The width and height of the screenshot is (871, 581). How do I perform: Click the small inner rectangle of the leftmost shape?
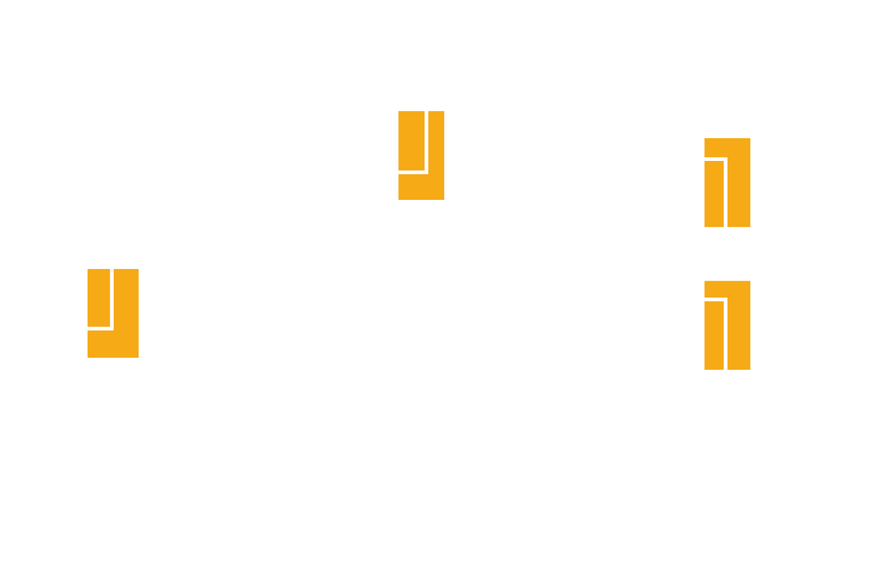98,297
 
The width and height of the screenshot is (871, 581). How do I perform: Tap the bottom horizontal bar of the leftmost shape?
113,344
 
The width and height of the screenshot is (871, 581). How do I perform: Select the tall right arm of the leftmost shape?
127,302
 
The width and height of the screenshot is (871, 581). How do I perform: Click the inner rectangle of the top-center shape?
411,140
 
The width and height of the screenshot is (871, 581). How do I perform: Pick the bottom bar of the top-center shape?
421,187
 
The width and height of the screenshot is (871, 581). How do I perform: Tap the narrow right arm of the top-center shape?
436,145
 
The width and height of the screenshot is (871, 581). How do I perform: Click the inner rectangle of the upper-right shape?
714,194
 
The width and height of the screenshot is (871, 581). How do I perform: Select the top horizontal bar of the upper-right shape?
727,147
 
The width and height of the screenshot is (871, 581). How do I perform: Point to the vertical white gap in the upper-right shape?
726,194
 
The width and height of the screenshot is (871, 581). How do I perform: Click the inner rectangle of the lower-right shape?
714,336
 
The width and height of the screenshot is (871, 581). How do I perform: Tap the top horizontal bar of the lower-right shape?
727,289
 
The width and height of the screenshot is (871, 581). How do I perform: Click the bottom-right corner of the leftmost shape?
138,357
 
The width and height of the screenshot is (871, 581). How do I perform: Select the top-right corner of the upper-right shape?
750,139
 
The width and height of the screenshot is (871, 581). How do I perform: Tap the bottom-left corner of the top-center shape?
399,199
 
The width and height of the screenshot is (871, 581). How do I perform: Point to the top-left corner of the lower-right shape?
706,282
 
